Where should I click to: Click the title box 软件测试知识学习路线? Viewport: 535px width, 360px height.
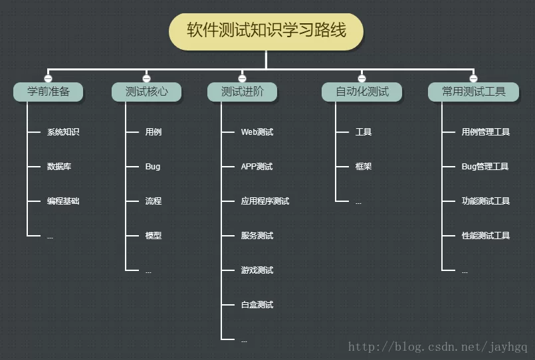(x=266, y=31)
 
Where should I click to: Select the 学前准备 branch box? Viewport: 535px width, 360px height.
(x=48, y=92)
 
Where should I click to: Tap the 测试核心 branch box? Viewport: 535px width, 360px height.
(x=146, y=92)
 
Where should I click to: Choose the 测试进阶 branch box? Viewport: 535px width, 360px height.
(x=242, y=92)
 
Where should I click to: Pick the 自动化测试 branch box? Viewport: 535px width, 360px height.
(x=362, y=92)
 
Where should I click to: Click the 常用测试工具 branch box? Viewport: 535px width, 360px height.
(x=473, y=92)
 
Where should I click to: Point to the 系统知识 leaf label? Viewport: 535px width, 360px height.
(x=63, y=132)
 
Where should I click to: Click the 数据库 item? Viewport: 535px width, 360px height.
(x=59, y=167)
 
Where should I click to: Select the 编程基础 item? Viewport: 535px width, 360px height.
(x=63, y=201)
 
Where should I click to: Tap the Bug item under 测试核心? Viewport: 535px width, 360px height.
(x=153, y=167)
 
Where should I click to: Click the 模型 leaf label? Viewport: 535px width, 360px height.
(x=154, y=236)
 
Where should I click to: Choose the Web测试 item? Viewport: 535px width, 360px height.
(x=257, y=132)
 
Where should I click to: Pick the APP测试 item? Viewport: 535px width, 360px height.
(x=257, y=167)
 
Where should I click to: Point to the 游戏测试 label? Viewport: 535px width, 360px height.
(x=257, y=270)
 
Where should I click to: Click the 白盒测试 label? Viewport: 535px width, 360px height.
(x=257, y=305)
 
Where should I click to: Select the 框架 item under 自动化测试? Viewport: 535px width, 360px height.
(x=364, y=167)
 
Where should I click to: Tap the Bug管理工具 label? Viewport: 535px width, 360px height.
(x=485, y=167)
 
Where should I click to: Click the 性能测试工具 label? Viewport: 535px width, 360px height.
(x=486, y=236)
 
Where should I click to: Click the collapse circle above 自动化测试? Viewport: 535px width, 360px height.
(x=362, y=78)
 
